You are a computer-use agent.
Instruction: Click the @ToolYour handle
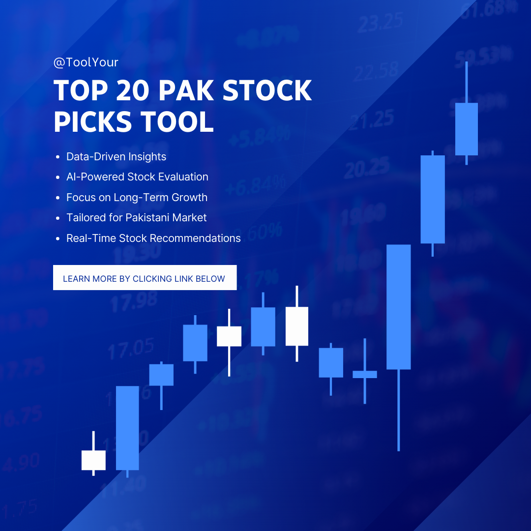click(x=86, y=62)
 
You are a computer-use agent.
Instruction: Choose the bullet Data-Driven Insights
click(x=116, y=157)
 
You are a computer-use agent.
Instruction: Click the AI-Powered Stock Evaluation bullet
click(x=137, y=177)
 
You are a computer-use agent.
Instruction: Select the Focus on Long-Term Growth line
click(x=137, y=198)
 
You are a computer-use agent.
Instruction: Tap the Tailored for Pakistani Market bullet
click(x=136, y=218)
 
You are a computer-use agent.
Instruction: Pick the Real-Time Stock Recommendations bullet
click(x=153, y=238)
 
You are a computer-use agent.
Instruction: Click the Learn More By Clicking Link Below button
click(x=145, y=278)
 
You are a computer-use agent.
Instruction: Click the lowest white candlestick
click(x=93, y=460)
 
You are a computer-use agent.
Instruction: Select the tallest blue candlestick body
click(x=398, y=307)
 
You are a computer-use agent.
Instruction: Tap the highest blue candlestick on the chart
click(x=466, y=129)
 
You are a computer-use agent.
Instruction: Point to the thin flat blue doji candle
click(x=365, y=374)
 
